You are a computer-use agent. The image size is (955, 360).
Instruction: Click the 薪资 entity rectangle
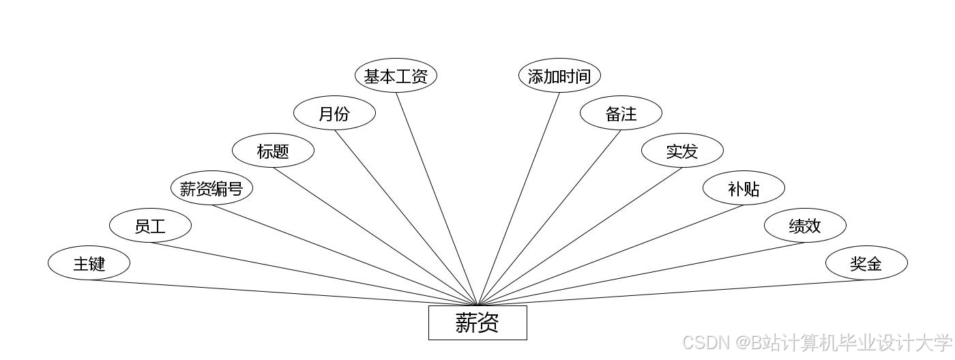point(477,322)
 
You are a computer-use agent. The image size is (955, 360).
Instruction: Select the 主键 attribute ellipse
point(89,263)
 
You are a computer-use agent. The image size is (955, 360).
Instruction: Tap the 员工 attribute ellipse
point(150,226)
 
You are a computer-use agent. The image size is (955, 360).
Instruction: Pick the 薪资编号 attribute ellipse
point(211,188)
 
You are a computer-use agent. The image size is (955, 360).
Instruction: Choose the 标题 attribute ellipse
point(273,151)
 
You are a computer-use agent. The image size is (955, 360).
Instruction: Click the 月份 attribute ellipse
point(334,113)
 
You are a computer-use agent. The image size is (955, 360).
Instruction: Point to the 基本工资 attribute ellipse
point(396,76)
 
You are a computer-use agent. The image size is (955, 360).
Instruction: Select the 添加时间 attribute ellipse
point(559,76)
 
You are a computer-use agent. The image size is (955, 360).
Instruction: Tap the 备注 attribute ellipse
point(621,113)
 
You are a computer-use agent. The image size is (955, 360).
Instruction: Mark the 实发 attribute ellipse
point(682,151)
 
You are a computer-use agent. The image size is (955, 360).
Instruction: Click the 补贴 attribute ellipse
point(744,188)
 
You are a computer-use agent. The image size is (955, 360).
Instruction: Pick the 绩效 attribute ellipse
point(805,226)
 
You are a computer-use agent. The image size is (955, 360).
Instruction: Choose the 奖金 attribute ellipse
point(866,263)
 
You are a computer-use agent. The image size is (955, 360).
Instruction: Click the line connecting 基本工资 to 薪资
point(437,199)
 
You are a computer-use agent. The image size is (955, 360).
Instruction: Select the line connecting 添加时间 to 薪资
point(518,199)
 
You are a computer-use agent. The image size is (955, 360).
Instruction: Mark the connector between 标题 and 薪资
point(375,237)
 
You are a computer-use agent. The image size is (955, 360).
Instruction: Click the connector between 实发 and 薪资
point(580,237)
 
